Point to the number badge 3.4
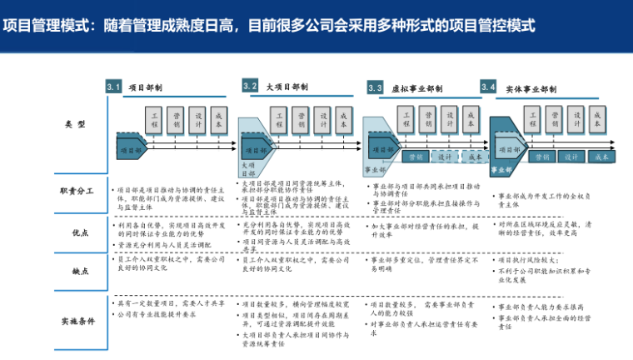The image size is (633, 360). pyautogui.click(x=489, y=87)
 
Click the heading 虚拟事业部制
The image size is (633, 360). pyautogui.click(x=416, y=88)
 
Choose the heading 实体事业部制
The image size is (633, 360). pyautogui.click(x=531, y=88)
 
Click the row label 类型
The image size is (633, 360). pyautogui.click(x=75, y=123)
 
